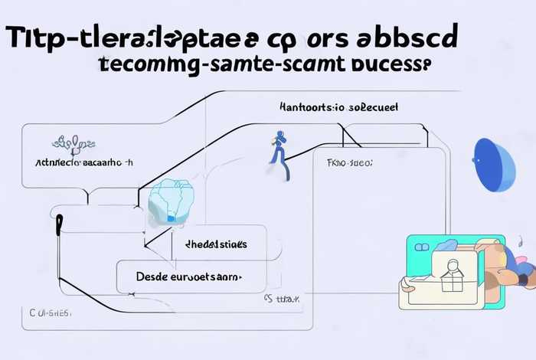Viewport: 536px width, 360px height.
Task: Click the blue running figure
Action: click(x=279, y=155)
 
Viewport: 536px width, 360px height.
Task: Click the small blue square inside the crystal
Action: click(x=170, y=219)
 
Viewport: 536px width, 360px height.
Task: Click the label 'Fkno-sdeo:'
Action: click(x=349, y=163)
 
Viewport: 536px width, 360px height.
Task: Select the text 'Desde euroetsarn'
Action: click(x=188, y=276)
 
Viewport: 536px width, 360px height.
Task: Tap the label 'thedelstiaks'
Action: click(x=217, y=244)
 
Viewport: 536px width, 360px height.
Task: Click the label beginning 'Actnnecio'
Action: click(x=84, y=163)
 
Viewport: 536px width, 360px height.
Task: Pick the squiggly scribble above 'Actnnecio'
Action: click(x=75, y=142)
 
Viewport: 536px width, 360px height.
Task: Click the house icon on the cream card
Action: click(x=452, y=270)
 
